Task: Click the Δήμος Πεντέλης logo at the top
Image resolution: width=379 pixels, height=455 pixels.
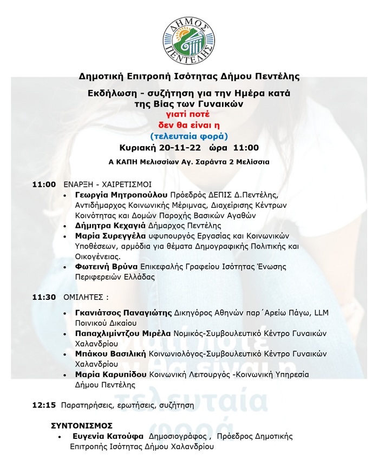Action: (x=189, y=35)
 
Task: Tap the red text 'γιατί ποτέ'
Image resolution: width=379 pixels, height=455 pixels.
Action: (x=189, y=114)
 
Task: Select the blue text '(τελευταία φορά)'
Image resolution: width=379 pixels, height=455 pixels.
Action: (x=189, y=135)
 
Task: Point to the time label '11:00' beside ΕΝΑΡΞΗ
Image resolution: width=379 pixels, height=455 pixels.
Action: (x=44, y=184)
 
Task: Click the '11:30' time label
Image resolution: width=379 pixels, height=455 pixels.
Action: (x=44, y=297)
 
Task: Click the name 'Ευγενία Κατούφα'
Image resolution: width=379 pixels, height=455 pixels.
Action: (x=108, y=437)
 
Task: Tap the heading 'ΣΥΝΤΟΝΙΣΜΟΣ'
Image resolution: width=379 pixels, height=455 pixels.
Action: (x=82, y=426)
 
